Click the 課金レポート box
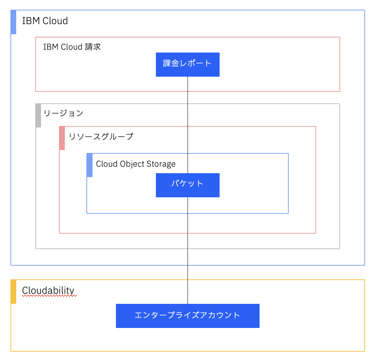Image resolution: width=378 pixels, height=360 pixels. tap(188, 64)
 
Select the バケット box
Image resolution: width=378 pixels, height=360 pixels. tap(188, 185)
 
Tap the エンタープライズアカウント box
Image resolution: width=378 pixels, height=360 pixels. tap(188, 316)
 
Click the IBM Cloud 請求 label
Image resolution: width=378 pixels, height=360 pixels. tap(72, 47)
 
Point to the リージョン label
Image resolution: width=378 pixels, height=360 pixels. tap(63, 113)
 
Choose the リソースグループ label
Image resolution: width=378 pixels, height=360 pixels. tap(101, 136)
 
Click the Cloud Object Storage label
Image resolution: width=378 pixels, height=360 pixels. tap(136, 164)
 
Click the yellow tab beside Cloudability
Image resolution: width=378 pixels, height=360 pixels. tap(14, 292)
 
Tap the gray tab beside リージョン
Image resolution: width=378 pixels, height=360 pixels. tap(38, 116)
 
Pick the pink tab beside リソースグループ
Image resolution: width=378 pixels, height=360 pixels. tap(62, 138)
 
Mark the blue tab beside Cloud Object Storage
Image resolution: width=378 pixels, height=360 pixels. tap(90, 165)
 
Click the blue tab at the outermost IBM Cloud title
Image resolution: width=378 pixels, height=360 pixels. tap(14, 22)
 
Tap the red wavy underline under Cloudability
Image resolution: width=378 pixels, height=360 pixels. tap(49, 296)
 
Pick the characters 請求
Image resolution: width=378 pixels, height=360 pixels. tap(93, 47)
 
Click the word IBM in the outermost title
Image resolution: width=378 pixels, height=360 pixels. tap(28, 21)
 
